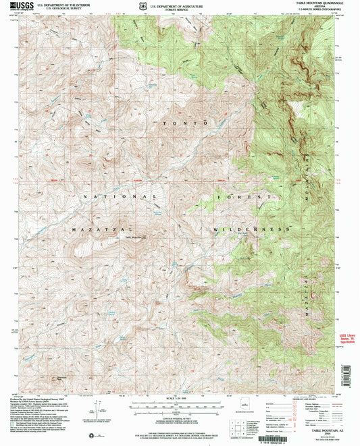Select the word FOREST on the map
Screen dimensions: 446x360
[x=244, y=197]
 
